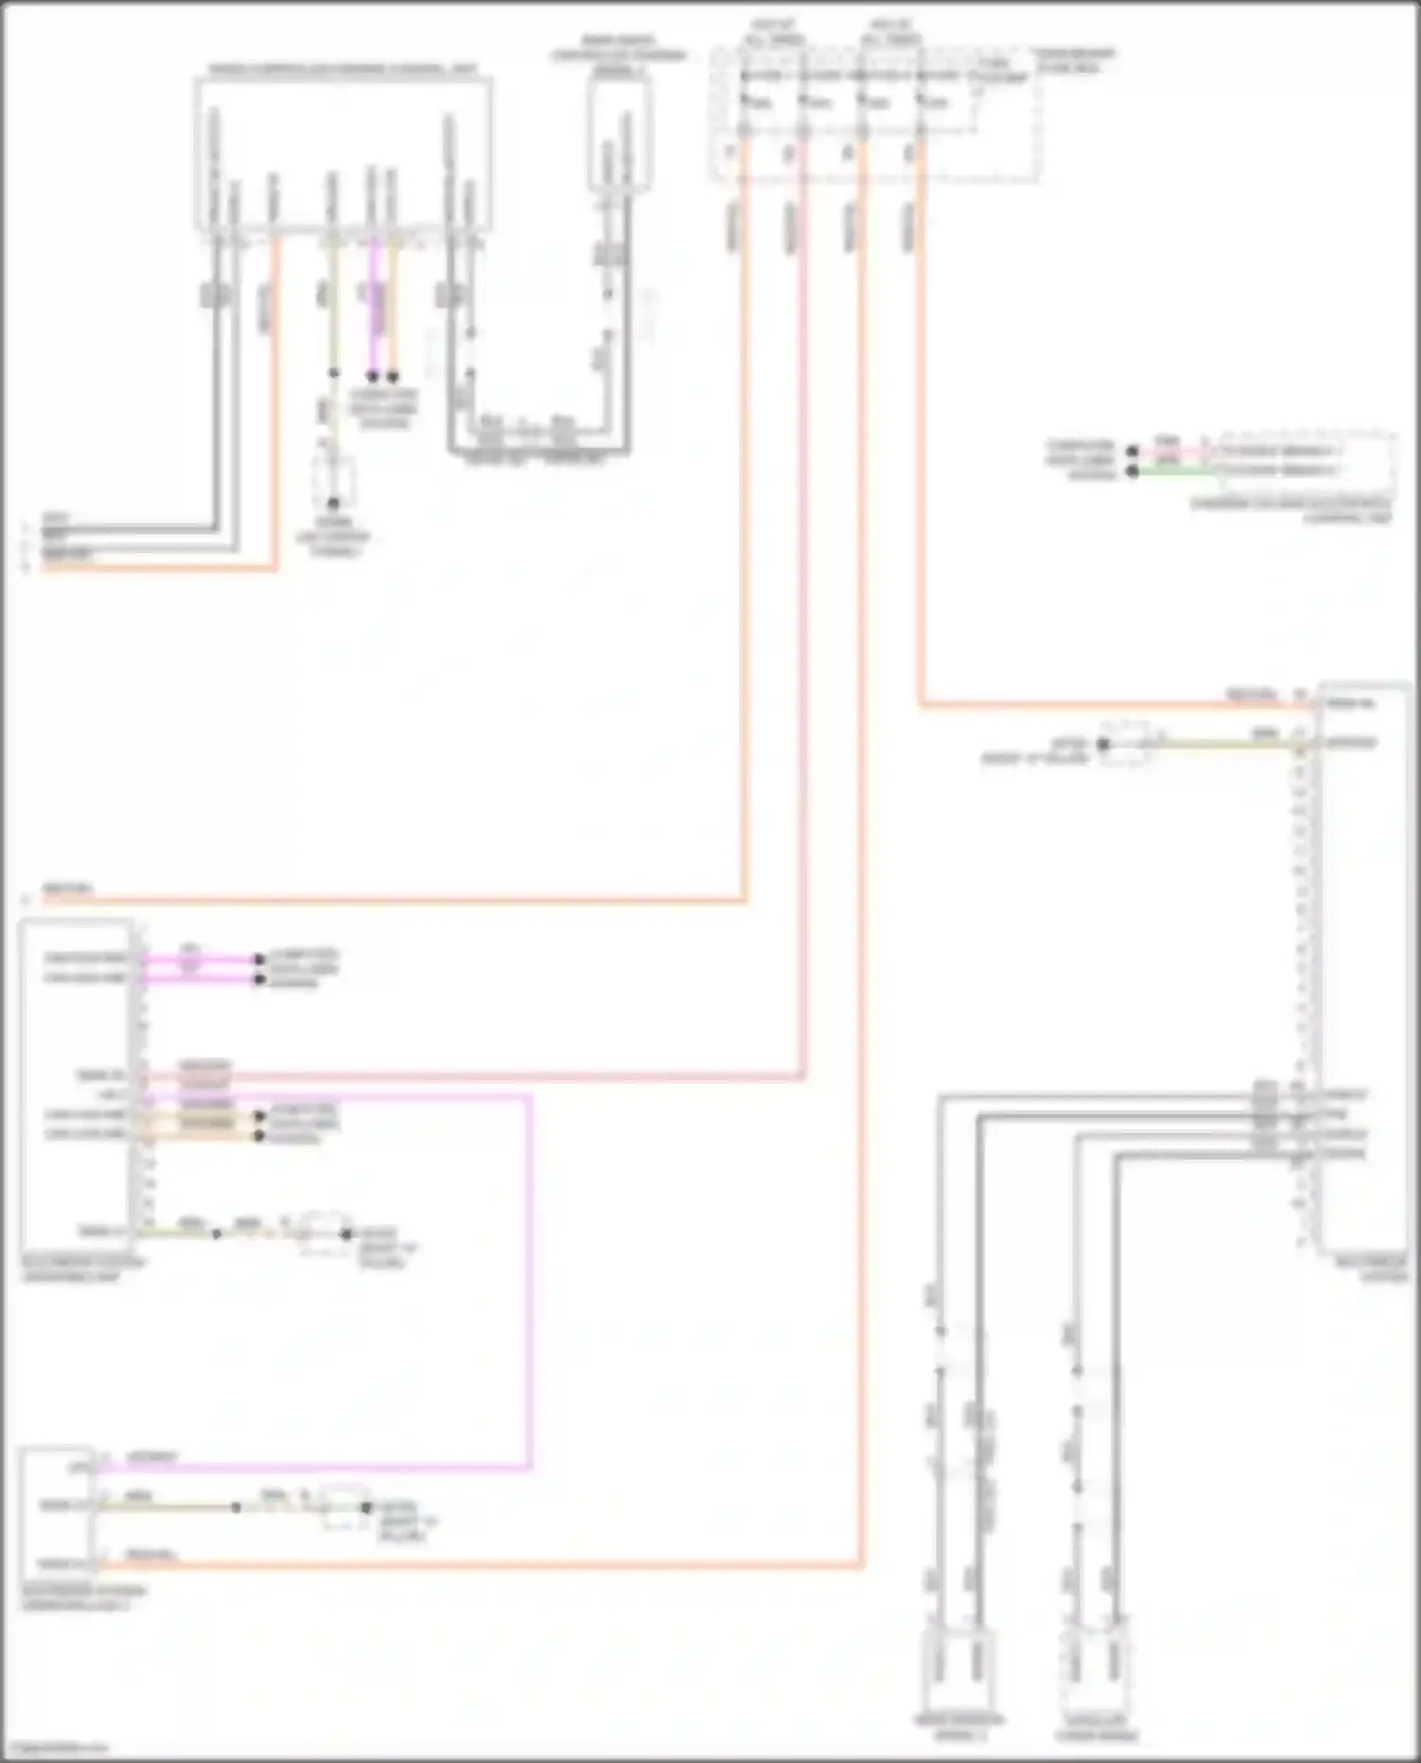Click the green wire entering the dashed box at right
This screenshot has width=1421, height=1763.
click(x=1175, y=471)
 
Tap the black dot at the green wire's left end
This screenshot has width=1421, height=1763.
click(x=1132, y=471)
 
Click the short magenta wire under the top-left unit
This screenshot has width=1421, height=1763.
click(x=372, y=303)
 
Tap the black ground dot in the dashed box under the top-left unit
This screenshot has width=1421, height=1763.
click(x=333, y=503)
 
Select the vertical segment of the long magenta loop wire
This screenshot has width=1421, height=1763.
click(x=530, y=1279)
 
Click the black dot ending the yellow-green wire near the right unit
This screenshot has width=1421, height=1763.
click(x=1103, y=745)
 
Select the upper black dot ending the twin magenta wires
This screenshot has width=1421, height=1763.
click(x=259, y=960)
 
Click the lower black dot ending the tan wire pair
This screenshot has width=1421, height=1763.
click(x=259, y=1134)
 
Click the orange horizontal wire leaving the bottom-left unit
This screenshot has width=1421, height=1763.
click(x=474, y=1567)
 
